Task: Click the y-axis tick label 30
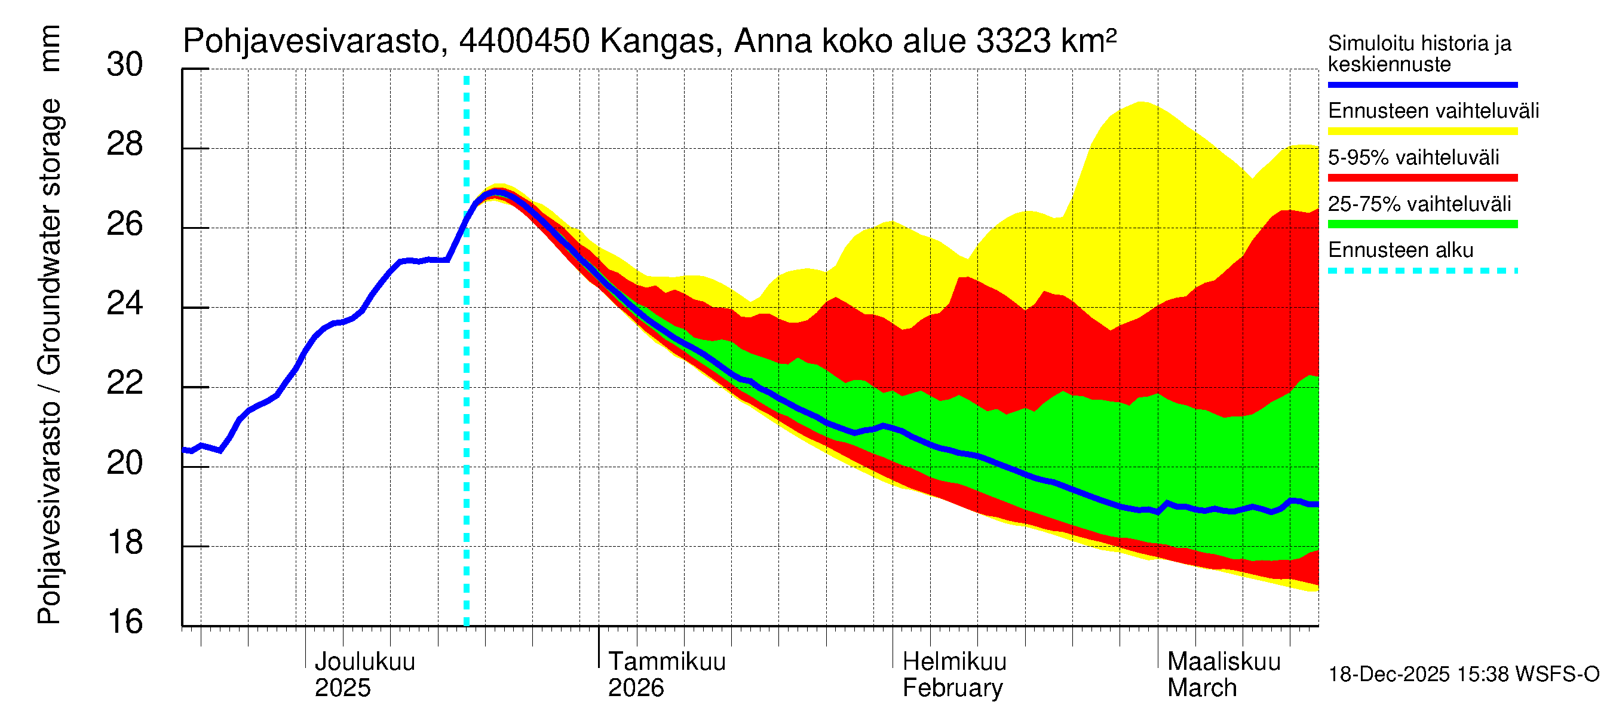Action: pos(125,65)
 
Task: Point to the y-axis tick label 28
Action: pos(125,145)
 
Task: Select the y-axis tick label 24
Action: pos(125,304)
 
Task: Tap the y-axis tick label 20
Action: pos(125,464)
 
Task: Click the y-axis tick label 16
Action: pos(125,623)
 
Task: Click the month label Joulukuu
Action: pos(364,662)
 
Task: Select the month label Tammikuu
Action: pos(667,662)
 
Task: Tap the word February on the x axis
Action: pos(952,688)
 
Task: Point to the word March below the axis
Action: pos(1202,688)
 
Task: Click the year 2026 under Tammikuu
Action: pos(636,688)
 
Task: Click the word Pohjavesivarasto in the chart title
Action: pos(311,42)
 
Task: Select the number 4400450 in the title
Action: pos(524,42)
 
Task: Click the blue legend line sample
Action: pos(1422,84)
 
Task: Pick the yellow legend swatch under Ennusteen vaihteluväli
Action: pos(1422,131)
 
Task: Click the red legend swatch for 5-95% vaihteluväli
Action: pos(1422,178)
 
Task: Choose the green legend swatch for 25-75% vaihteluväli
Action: pos(1422,224)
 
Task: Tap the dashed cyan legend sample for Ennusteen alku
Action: pos(1422,271)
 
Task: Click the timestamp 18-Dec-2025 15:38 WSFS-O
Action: pos(1463,675)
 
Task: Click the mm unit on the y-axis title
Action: pos(50,49)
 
